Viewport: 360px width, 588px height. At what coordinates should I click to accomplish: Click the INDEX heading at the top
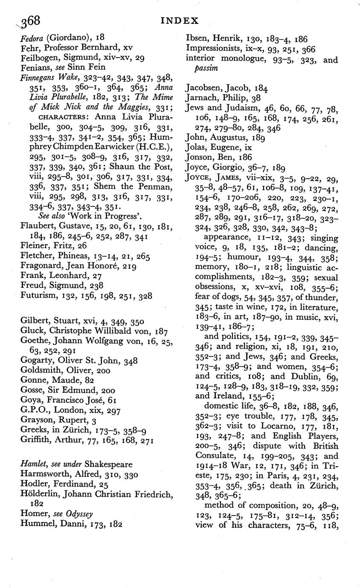[x=181, y=20]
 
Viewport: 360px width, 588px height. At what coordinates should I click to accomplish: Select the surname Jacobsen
[x=204, y=88]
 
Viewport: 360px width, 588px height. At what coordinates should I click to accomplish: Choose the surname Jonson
[x=199, y=157]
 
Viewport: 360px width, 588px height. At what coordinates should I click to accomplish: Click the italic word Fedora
[x=32, y=38]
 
